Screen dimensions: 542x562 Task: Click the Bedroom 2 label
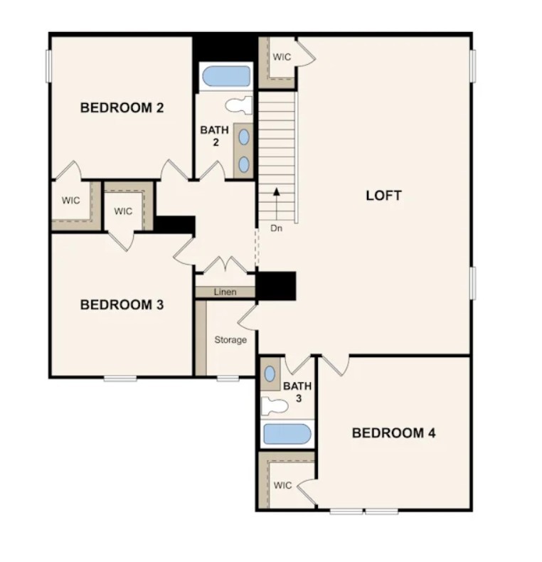[x=122, y=108]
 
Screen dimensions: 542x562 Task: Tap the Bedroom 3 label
[x=122, y=305]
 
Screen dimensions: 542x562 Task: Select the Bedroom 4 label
[x=393, y=433]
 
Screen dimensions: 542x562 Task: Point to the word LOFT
[x=383, y=196]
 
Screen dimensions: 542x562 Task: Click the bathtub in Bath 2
[x=226, y=76]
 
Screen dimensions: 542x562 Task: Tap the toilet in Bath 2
[x=239, y=105]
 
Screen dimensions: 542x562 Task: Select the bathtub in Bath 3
[x=287, y=434]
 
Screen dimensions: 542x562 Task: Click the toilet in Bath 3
[x=275, y=406]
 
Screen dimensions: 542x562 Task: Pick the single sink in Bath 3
[x=270, y=374]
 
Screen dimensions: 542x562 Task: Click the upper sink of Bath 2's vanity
[x=244, y=137]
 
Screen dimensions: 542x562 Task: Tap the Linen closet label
[x=225, y=292]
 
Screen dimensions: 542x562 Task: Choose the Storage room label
[x=230, y=340]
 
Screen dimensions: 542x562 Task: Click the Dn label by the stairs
[x=276, y=228]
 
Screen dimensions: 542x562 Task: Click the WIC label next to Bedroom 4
[x=283, y=486]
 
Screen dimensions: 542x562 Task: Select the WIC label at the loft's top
[x=282, y=57]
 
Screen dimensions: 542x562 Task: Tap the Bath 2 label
[x=215, y=136]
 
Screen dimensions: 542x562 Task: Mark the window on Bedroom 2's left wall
[x=48, y=66]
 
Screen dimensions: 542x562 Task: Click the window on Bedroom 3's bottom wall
[x=120, y=378]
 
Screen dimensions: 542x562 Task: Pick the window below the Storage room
[x=228, y=378]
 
